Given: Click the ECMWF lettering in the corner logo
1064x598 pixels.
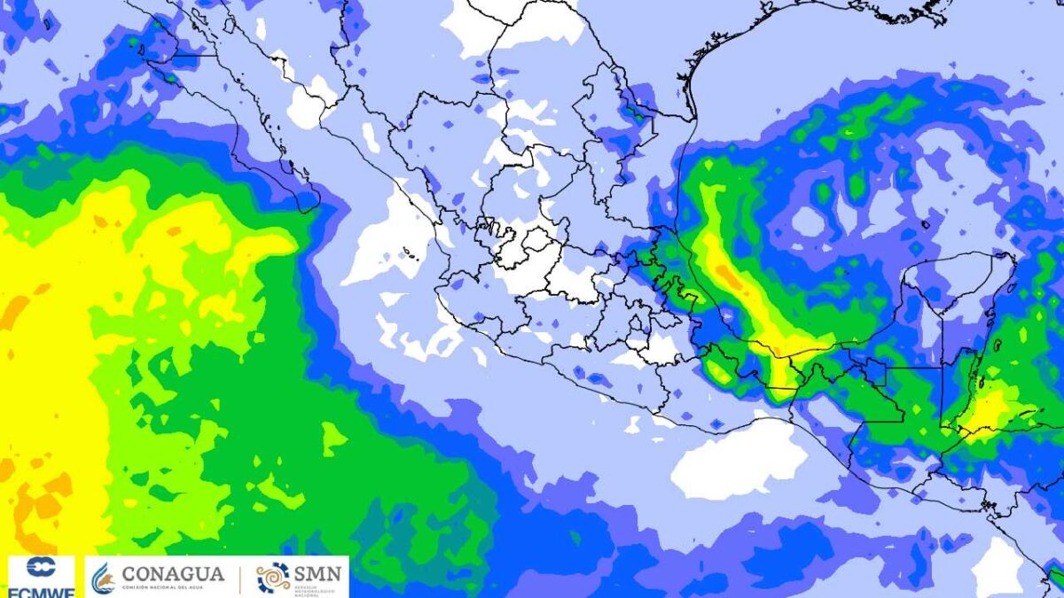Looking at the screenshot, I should [x=41, y=588].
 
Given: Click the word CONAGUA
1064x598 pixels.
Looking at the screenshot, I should [x=173, y=573].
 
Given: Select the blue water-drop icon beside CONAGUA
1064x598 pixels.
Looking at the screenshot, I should [x=103, y=579].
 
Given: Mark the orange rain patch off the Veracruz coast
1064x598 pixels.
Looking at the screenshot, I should [x=729, y=277].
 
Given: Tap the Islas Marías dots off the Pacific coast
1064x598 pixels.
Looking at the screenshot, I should [x=410, y=254].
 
